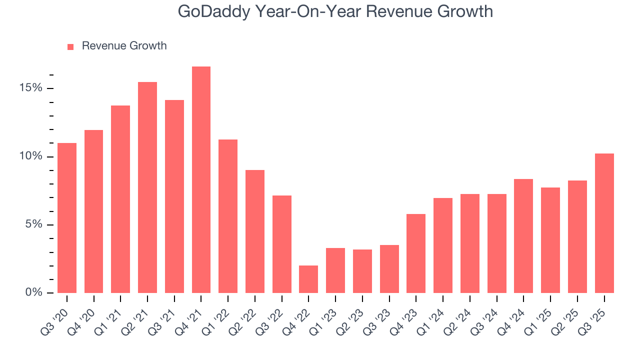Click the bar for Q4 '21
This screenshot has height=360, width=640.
pyautogui.click(x=201, y=179)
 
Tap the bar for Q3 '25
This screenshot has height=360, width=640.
pyautogui.click(x=604, y=223)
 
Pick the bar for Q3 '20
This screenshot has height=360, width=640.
pyautogui.click(x=67, y=218)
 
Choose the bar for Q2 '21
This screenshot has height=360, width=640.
pyautogui.click(x=147, y=187)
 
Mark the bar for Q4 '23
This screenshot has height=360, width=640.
pyautogui.click(x=416, y=253)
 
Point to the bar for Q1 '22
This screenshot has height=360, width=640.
pyautogui.click(x=228, y=216)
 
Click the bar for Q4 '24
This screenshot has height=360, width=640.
pyautogui.click(x=523, y=236)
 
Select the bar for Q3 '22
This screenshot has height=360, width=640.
pyautogui.click(x=282, y=244)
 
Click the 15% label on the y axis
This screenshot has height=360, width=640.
pyautogui.click(x=31, y=88)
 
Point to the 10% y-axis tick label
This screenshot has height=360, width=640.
pyautogui.click(x=31, y=156)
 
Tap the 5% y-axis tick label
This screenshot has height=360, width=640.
pyautogui.click(x=34, y=224)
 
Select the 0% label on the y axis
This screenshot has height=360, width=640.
pyautogui.click(x=34, y=292)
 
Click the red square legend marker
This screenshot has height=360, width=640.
pyautogui.click(x=70, y=46)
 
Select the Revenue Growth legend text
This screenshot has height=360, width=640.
pyautogui.click(x=124, y=46)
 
